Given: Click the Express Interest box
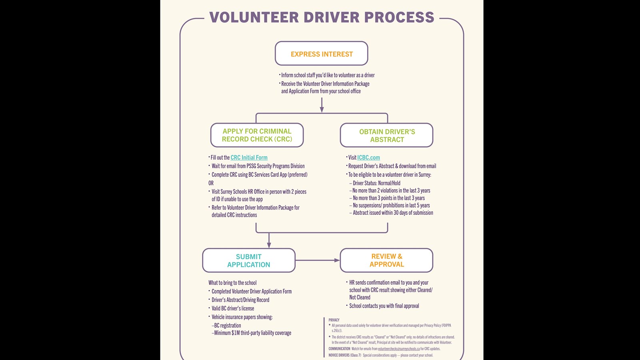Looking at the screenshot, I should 322,54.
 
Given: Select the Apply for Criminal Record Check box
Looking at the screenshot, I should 257,135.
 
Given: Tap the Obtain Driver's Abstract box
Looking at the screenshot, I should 386,135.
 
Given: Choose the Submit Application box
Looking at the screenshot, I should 248,260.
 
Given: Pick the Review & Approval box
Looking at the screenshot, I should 386,260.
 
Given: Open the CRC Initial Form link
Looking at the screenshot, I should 249,158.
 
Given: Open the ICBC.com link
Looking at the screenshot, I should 368,158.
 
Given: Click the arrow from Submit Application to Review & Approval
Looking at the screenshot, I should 318,260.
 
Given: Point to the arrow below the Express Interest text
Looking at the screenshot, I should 322,105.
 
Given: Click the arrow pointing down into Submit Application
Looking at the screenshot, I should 269,240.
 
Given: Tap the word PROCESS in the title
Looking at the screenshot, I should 399,17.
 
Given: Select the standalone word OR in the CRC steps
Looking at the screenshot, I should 211,183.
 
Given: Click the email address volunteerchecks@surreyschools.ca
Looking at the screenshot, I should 399,349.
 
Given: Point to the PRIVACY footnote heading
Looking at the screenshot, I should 334,320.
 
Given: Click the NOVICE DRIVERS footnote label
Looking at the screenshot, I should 344,355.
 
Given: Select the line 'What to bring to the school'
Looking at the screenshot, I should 232,283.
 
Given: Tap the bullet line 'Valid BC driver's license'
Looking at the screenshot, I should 233,308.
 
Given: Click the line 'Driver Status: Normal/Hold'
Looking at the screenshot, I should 376,183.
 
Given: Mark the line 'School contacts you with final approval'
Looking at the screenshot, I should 384,306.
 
